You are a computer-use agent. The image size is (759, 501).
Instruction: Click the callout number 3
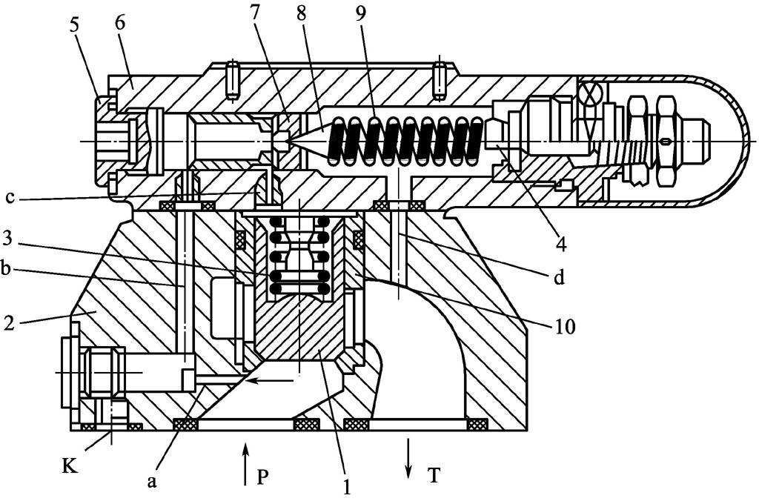(x=7, y=238)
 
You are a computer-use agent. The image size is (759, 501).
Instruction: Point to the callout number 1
(x=347, y=486)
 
